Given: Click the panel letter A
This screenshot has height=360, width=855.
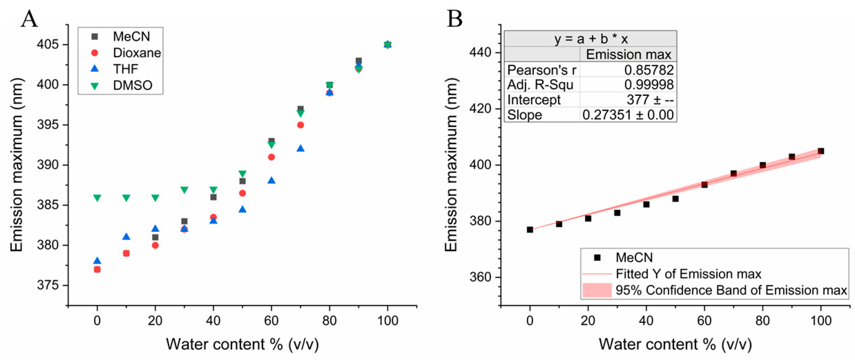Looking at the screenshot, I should [29, 19].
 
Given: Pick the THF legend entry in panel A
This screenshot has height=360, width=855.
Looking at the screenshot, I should [125, 69].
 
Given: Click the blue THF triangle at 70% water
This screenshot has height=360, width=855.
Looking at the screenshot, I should [300, 148].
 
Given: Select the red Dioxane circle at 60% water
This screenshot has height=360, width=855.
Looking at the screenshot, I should [271, 157].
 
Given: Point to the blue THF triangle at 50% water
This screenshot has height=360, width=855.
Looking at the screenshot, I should [242, 209].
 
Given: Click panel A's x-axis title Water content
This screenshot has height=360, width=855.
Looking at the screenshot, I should [242, 344].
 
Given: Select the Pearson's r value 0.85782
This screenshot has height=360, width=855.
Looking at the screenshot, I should [649, 70].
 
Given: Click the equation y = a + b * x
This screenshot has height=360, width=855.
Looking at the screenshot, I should [591, 39].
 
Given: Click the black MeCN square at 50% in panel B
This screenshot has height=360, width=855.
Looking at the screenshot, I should [675, 199].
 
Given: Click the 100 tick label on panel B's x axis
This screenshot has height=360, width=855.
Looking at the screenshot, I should [821, 321].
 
